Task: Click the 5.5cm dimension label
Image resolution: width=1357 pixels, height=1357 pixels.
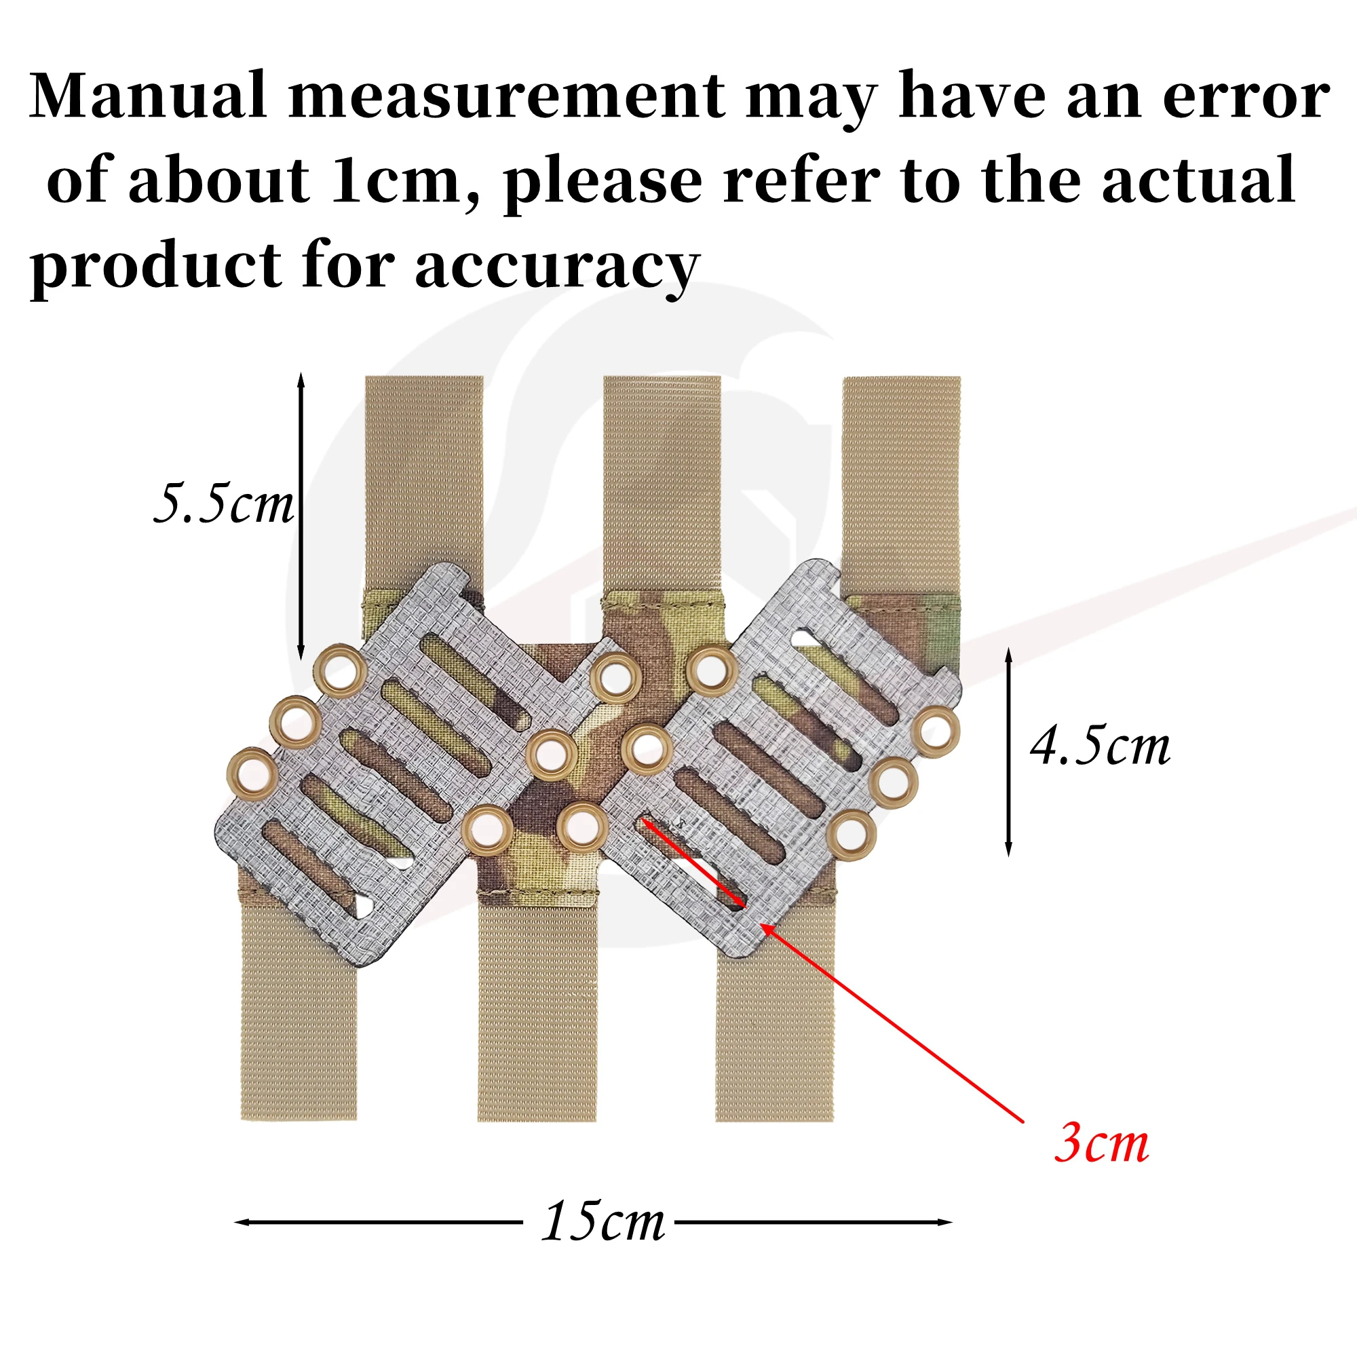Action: click(x=223, y=503)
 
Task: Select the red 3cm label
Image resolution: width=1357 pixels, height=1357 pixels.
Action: click(x=1101, y=1144)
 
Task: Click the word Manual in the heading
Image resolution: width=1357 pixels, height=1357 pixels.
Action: click(x=148, y=96)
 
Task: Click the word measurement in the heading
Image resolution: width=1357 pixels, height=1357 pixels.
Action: click(x=506, y=97)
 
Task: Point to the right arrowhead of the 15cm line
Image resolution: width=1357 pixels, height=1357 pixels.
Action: click(x=945, y=1222)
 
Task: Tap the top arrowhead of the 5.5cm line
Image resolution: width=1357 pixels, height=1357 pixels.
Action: click(x=301, y=380)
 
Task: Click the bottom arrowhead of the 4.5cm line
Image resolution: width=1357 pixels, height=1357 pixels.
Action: click(x=1009, y=849)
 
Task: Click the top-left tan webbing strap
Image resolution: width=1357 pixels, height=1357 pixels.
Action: click(x=424, y=484)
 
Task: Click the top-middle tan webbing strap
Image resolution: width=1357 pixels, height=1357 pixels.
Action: click(x=662, y=484)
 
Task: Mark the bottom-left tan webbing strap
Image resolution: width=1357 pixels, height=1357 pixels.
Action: click(x=299, y=1012)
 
